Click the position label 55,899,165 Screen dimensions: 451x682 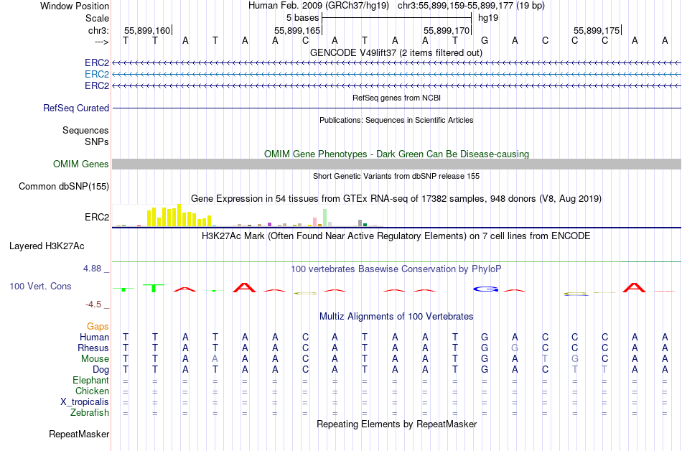click(x=296, y=30)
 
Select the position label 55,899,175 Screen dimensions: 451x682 click(x=596, y=30)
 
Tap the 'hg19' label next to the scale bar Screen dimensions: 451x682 click(x=488, y=17)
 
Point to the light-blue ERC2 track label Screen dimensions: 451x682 click(x=97, y=74)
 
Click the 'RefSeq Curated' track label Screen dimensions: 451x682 click(x=76, y=108)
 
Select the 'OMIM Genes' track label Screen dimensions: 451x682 click(x=80, y=164)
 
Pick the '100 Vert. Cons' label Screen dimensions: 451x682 click(x=40, y=286)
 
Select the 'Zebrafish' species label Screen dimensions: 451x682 click(x=90, y=413)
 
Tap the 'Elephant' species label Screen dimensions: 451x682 click(x=90, y=381)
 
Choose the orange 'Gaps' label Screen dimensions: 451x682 click(x=98, y=326)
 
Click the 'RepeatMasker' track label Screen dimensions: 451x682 click(x=79, y=434)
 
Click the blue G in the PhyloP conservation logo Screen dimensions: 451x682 click(x=485, y=289)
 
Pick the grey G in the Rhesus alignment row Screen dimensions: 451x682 click(x=515, y=348)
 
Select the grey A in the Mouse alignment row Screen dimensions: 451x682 click(x=215, y=358)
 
